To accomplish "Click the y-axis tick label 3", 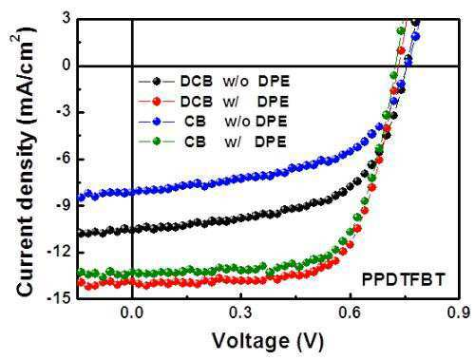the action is (x=66, y=19).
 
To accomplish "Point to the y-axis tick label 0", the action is (x=66, y=65).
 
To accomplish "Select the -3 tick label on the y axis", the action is (x=63, y=112).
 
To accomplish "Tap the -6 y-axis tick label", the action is (x=63, y=159).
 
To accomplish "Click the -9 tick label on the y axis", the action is (x=63, y=205).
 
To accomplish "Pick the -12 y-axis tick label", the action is (x=59, y=253).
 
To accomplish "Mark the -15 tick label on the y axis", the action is (x=59, y=298).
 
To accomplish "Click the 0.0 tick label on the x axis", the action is (x=132, y=313).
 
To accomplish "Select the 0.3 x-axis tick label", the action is (x=241, y=313).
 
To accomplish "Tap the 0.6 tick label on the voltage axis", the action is (x=351, y=313).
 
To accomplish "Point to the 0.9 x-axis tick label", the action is (x=459, y=313).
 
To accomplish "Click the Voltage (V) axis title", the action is (x=268, y=341).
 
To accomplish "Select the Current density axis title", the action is (x=26, y=162).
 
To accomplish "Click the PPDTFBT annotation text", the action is (x=403, y=280).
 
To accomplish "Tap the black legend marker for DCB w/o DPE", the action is (x=157, y=82).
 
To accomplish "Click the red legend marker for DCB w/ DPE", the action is (x=157, y=102).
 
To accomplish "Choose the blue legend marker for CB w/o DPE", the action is (x=157, y=122).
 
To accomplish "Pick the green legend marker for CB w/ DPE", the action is (x=157, y=142).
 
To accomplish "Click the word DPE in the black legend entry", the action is (x=274, y=82).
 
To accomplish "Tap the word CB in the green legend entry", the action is (x=195, y=142).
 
